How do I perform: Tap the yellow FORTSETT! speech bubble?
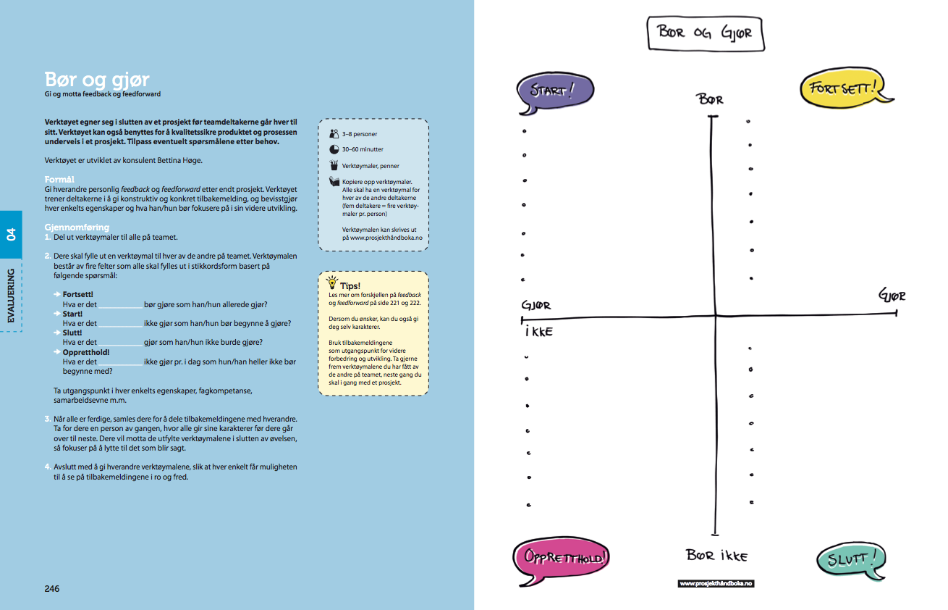pyautogui.click(x=843, y=89)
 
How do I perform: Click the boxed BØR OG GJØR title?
pyautogui.click(x=705, y=33)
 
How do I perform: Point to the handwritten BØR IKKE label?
pyautogui.click(x=716, y=556)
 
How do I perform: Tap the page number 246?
pyautogui.click(x=52, y=589)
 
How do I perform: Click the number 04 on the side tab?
pyautogui.click(x=11, y=234)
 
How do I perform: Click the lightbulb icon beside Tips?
pyautogui.click(x=332, y=282)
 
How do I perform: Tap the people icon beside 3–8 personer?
pyautogui.click(x=334, y=133)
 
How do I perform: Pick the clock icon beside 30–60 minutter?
pyautogui.click(x=334, y=149)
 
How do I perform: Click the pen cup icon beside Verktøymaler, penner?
pyautogui.click(x=334, y=165)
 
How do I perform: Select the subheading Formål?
pyautogui.click(x=59, y=178)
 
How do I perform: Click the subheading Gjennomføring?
pyautogui.click(x=77, y=227)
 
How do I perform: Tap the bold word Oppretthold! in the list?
pyautogui.click(x=85, y=352)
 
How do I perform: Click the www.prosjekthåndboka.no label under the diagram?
pyautogui.click(x=716, y=583)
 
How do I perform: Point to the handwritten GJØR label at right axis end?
pyautogui.click(x=892, y=296)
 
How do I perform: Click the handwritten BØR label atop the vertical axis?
pyautogui.click(x=711, y=100)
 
